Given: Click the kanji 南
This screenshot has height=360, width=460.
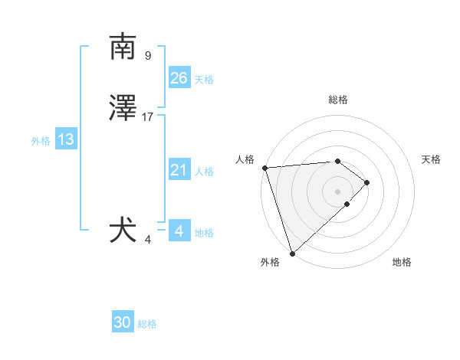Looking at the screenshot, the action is point(123,47).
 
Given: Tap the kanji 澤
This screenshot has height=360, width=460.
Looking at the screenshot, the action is point(123,109).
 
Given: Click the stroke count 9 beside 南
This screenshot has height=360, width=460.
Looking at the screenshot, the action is point(148,56).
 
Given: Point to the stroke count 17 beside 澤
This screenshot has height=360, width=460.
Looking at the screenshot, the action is point(148,117).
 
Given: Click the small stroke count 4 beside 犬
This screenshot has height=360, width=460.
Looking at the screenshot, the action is point(148,240).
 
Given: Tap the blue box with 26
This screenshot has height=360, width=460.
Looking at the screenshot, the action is point(179,78).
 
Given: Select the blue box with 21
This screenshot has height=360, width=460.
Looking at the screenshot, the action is point(179,170).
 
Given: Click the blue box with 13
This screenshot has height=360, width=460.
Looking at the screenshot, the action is point(66,139).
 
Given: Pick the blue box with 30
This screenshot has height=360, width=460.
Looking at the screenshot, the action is point(123,322).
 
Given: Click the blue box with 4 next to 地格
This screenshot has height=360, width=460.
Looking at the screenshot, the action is point(179,231).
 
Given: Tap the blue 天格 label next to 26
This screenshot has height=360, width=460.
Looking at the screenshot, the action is point(204,80).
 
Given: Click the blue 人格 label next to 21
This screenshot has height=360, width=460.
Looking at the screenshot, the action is point(204,172).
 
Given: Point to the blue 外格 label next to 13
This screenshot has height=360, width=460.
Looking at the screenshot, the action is point(41,141).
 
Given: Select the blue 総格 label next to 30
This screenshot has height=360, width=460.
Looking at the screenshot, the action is point(147,324).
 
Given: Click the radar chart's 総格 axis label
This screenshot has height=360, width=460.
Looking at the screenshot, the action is point(338,100).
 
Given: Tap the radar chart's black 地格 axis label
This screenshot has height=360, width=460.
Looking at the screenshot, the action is point(402,262).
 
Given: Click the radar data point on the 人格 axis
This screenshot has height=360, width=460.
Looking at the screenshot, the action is point(264,168).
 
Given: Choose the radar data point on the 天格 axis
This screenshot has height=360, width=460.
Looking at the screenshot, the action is point(367,182).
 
